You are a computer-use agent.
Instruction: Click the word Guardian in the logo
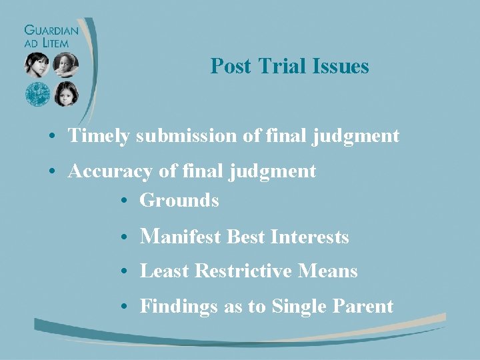(x=51, y=30)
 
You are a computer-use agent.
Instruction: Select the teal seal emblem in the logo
(x=38, y=94)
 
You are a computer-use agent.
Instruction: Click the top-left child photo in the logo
(x=37, y=65)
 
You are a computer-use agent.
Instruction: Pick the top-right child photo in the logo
(x=66, y=65)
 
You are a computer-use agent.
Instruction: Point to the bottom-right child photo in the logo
(x=66, y=94)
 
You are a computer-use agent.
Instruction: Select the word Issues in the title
(x=343, y=66)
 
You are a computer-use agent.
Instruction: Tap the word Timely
(x=100, y=136)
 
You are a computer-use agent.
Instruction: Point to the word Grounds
(x=179, y=200)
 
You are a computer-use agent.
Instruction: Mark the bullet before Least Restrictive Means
(x=125, y=272)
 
